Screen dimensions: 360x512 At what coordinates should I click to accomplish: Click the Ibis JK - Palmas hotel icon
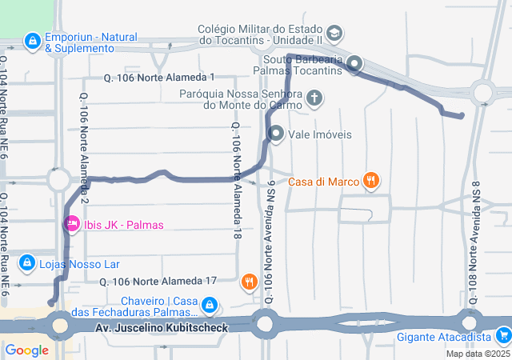tap(71, 224)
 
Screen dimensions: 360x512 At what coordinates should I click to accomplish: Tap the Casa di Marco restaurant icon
tap(370, 182)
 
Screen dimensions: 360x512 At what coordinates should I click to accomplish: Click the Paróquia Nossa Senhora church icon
tap(315, 99)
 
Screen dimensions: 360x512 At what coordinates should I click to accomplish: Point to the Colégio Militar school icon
tap(334, 34)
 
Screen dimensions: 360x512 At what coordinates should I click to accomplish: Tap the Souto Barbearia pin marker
tap(354, 64)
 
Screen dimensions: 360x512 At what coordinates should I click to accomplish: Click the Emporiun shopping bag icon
tap(32, 39)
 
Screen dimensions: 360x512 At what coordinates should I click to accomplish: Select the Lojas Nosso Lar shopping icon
tap(26, 262)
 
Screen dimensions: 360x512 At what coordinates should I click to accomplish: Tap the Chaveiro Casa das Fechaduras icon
tap(210, 305)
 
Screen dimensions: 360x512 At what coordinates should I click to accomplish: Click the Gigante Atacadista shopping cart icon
tap(502, 335)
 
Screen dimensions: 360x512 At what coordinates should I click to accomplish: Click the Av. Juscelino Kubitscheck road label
tap(162, 328)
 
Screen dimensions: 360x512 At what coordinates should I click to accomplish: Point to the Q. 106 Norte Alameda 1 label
tap(160, 78)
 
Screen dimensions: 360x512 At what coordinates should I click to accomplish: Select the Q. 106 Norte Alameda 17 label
tap(158, 282)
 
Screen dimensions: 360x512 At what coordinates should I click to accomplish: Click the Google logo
tap(26, 350)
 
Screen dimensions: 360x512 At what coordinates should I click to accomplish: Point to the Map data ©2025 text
tap(478, 354)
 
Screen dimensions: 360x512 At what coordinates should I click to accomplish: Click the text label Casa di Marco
tap(324, 182)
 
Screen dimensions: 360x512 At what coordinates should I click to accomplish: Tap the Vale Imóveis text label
tap(320, 134)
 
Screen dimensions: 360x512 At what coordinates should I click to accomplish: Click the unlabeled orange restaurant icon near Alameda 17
tap(250, 281)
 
